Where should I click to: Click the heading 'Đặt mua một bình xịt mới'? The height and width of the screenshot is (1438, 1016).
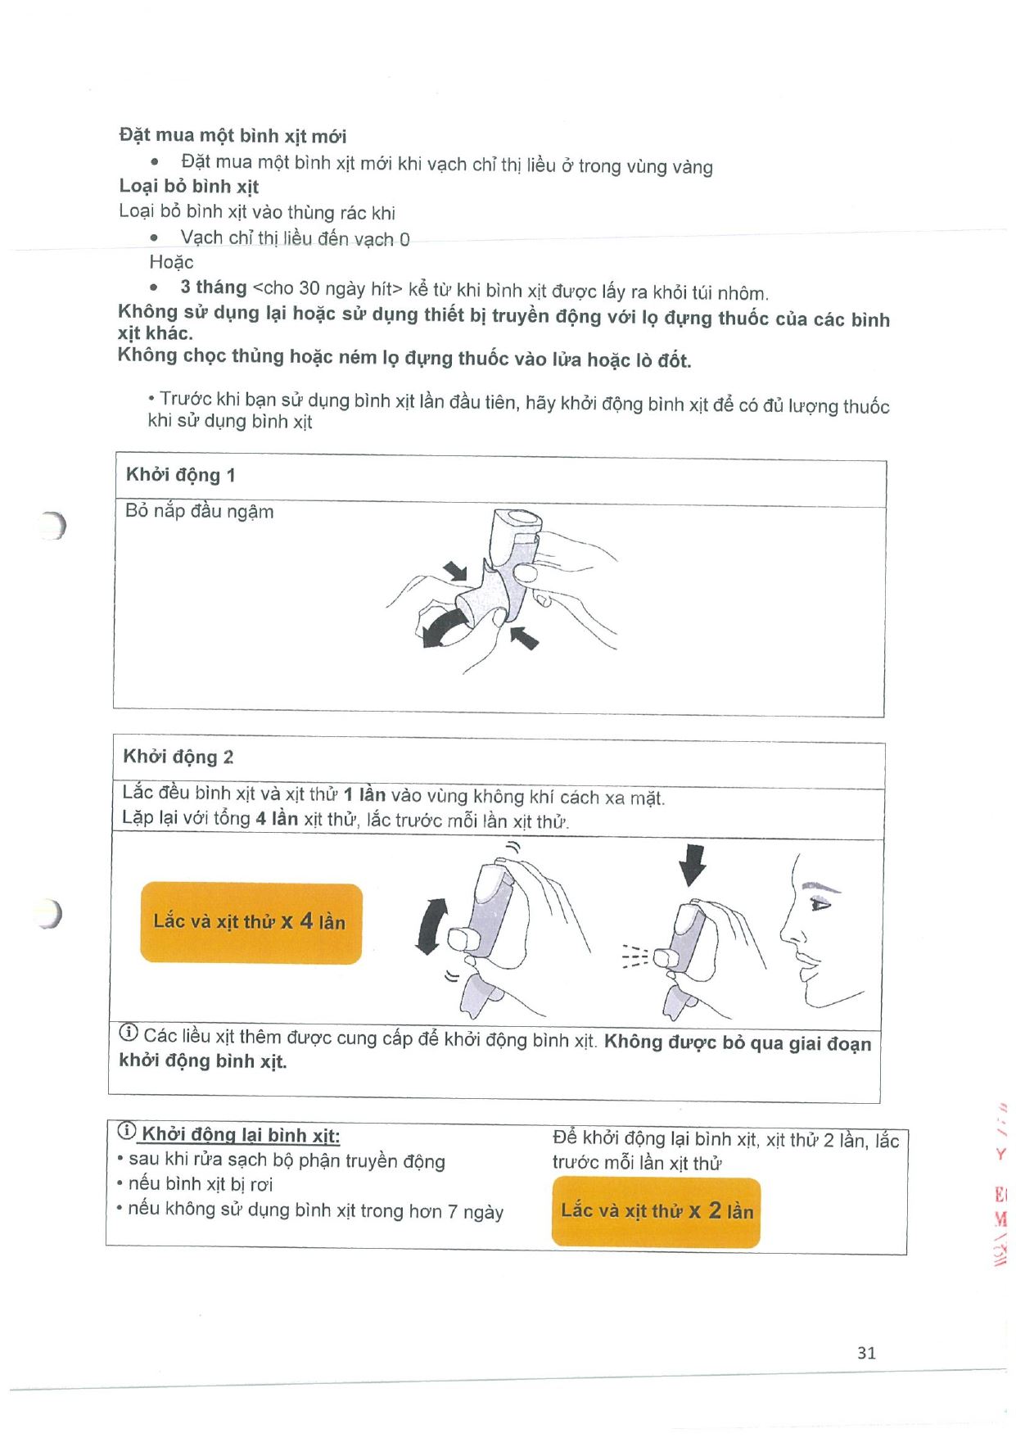click(x=233, y=135)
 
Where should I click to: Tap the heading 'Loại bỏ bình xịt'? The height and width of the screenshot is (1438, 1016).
click(x=189, y=186)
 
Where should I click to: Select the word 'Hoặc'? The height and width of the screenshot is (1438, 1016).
click(x=171, y=262)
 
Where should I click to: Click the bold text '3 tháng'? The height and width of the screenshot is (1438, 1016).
click(x=213, y=287)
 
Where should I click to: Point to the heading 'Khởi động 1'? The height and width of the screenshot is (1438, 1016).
click(x=180, y=475)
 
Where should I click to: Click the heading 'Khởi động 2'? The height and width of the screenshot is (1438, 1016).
click(x=178, y=757)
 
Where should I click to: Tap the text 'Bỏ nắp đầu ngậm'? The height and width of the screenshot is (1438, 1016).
click(x=199, y=511)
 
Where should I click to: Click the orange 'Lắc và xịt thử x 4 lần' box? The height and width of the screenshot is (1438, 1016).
click(x=251, y=922)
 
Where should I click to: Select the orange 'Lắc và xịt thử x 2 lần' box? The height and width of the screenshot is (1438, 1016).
click(x=656, y=1211)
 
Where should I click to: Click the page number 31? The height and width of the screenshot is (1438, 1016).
click(x=866, y=1353)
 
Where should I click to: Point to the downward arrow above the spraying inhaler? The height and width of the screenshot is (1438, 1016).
click(x=693, y=865)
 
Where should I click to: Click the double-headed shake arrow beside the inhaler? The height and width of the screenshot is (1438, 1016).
click(x=431, y=925)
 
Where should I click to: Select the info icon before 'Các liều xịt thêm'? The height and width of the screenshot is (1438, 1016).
click(x=129, y=1033)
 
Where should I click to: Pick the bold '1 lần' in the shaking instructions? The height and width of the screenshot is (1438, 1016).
click(x=364, y=794)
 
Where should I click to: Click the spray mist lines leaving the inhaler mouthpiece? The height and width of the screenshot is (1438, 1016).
click(x=635, y=956)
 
